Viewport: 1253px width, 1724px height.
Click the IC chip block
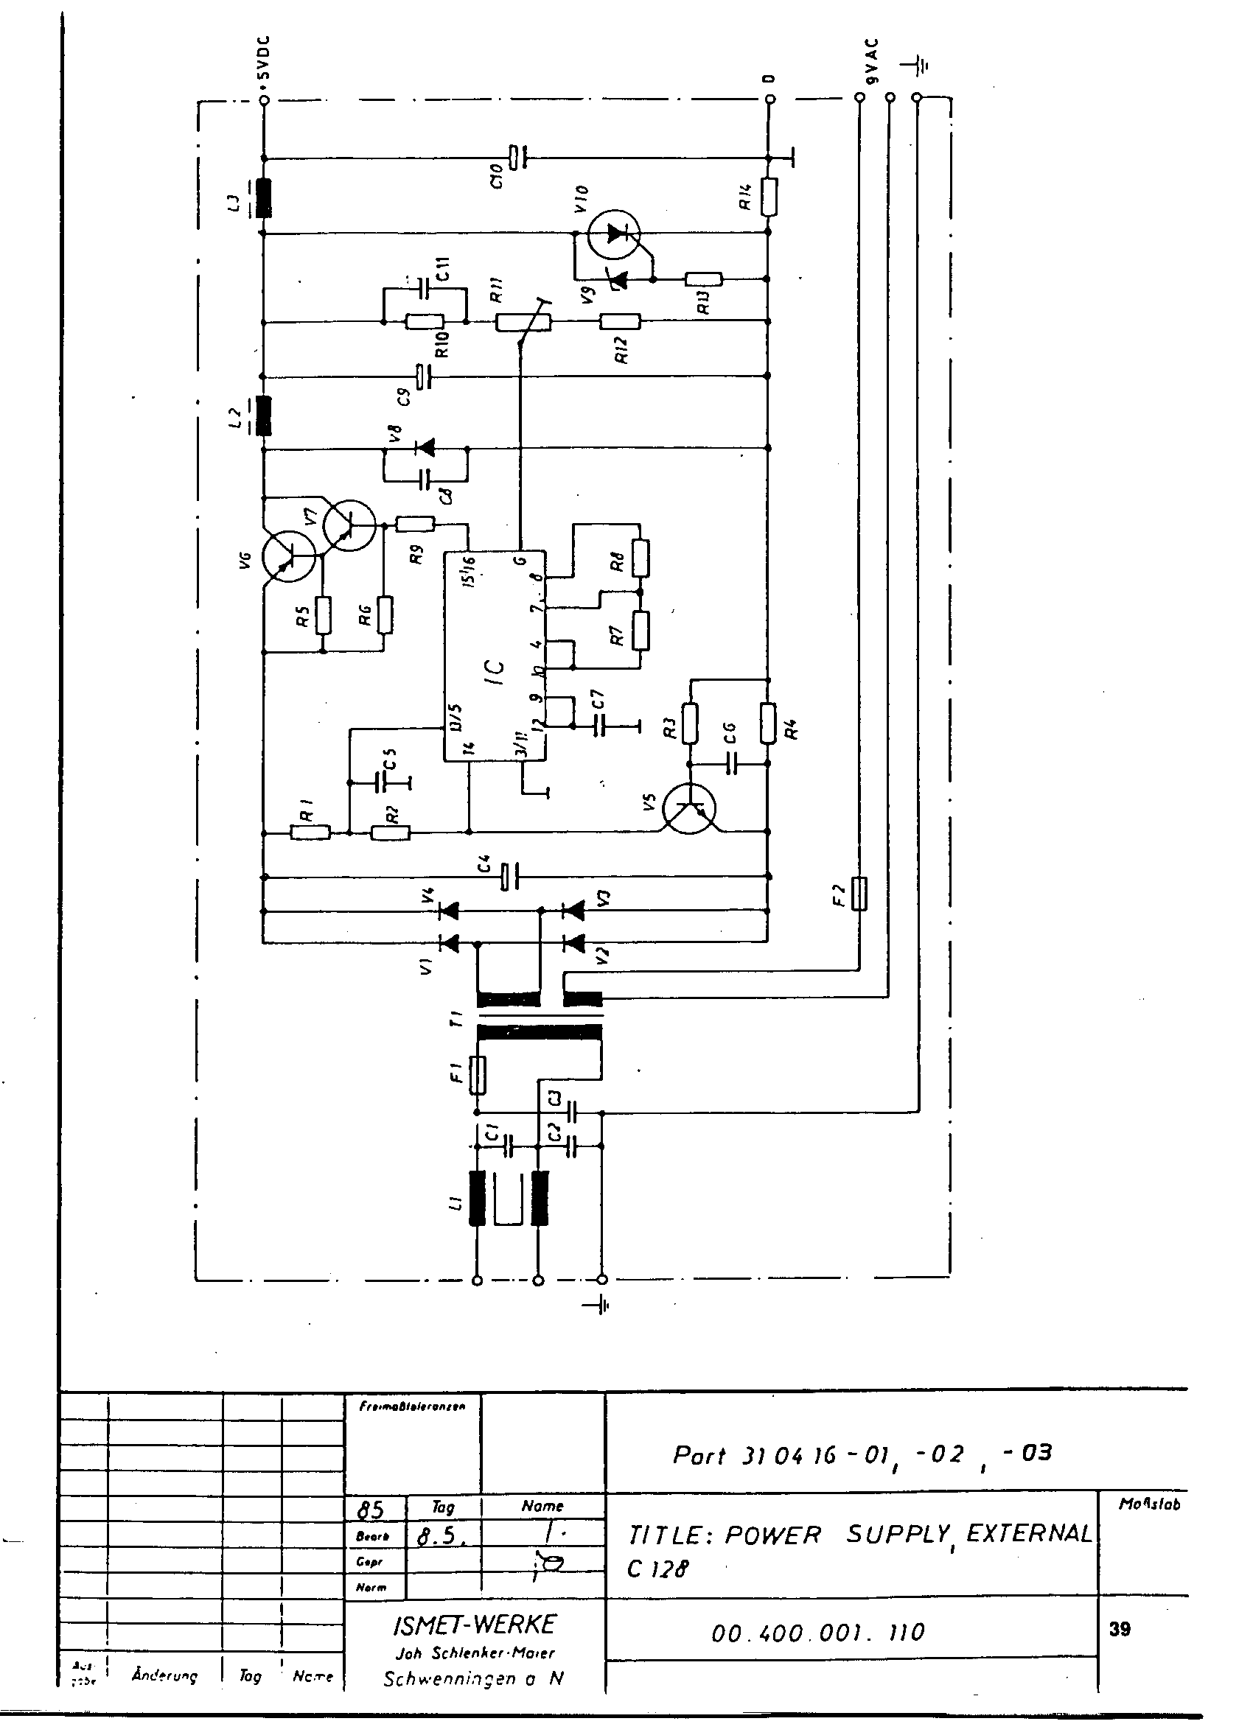[x=495, y=655]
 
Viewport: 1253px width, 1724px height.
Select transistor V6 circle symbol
[x=288, y=557]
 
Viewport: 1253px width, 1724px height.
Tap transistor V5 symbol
[x=689, y=809]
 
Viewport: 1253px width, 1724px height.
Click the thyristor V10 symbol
[x=614, y=234]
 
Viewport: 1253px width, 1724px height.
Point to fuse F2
[x=859, y=893]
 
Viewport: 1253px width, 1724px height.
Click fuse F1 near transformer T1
[x=478, y=1075]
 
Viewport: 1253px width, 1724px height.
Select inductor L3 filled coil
[x=264, y=197]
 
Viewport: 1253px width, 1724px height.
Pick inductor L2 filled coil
[x=264, y=416]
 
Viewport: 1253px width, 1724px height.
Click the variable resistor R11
[x=523, y=322]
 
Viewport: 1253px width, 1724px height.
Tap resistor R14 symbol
[x=769, y=197]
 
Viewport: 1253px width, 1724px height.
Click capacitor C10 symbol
[x=517, y=158]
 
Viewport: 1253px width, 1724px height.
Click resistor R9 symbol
[x=415, y=523]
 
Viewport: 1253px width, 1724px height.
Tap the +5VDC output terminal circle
[x=263, y=99]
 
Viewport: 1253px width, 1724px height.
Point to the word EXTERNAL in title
[x=1029, y=1534]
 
